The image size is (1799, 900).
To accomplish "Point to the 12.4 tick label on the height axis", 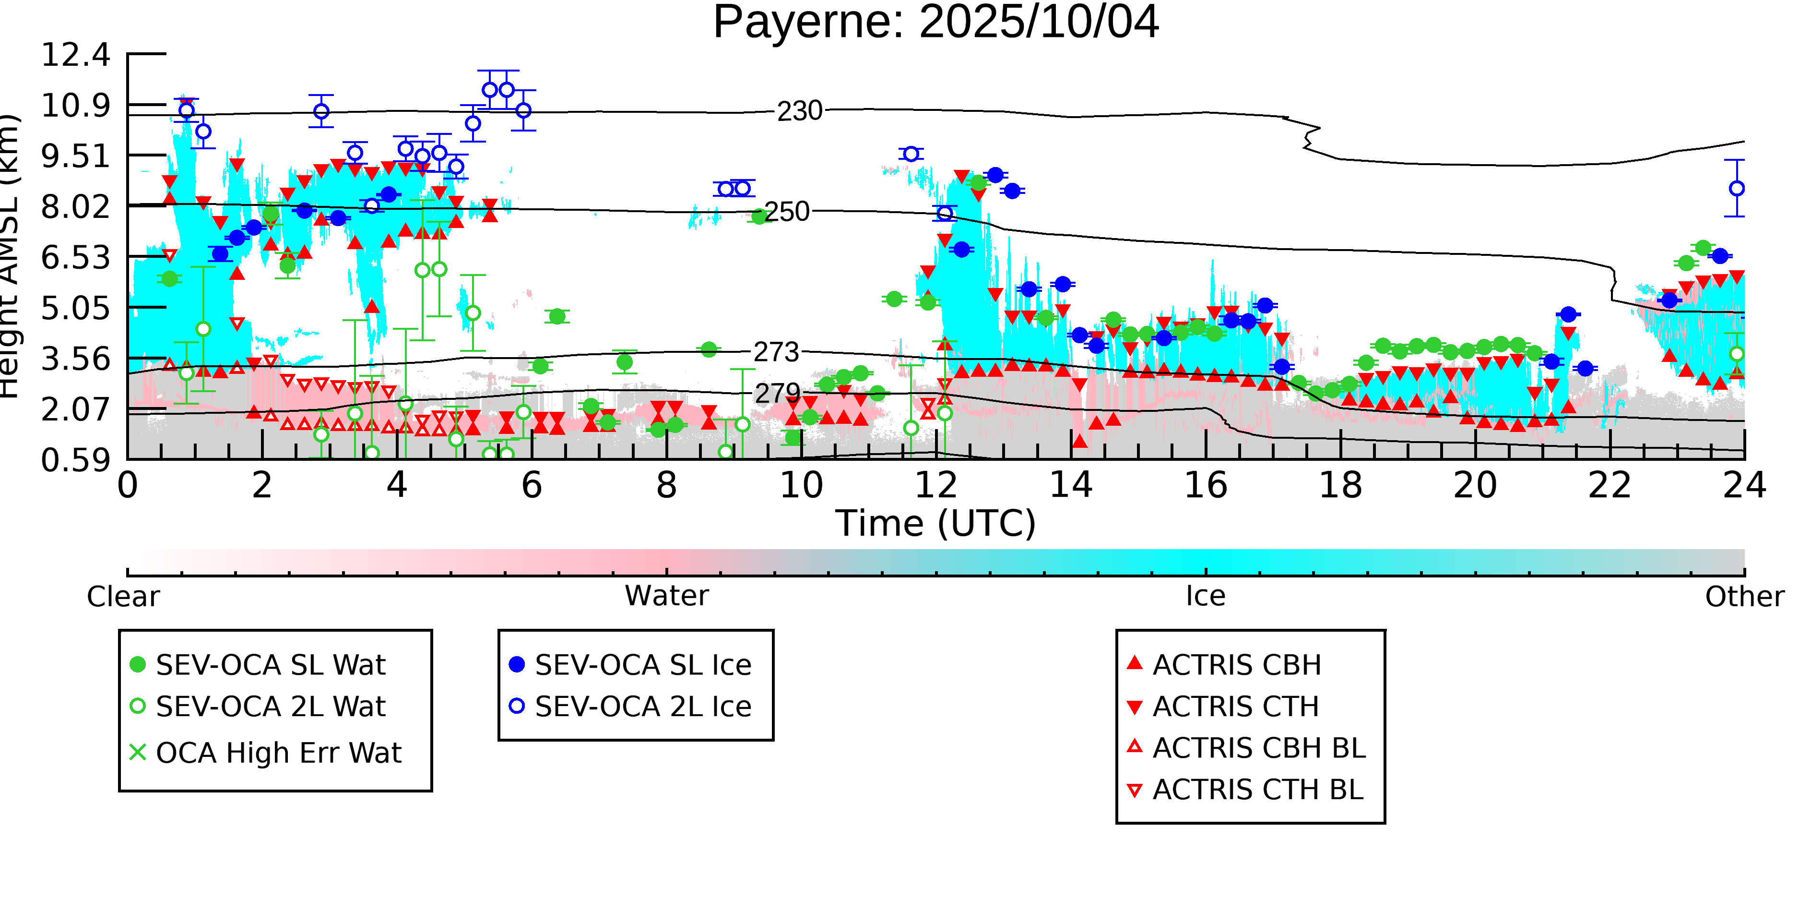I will point(75,55).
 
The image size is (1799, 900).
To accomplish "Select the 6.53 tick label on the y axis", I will point(75,258).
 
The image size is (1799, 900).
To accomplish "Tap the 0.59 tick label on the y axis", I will point(75,460).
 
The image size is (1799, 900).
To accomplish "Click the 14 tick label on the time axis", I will point(1071,485).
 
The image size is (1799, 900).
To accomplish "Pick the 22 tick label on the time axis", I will point(1610,485).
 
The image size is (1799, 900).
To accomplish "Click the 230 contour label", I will point(800,111).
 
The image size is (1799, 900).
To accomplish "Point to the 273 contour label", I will point(775,352).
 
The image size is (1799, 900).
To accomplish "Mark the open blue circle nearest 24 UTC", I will point(1737,189).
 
